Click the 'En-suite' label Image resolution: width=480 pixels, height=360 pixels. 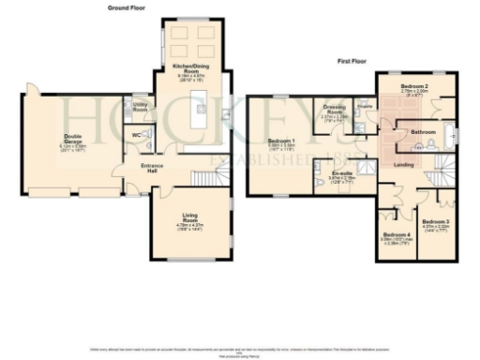(x=341, y=173)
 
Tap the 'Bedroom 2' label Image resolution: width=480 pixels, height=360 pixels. (x=414, y=85)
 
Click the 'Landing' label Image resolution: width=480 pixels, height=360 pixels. (x=405, y=167)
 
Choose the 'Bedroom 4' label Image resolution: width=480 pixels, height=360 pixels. (x=394, y=234)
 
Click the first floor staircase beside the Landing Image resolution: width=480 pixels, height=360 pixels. (x=441, y=173)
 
